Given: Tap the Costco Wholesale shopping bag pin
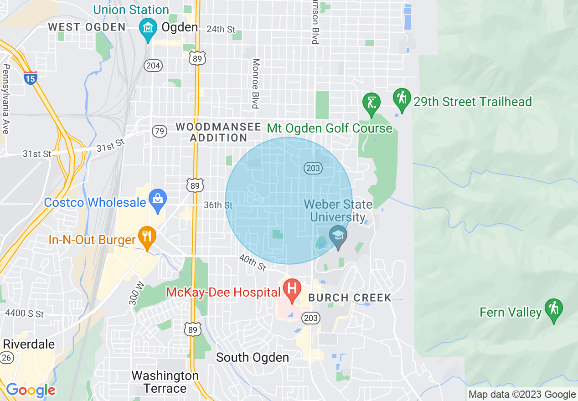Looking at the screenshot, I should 158,199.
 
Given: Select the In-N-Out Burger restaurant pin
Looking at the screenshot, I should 147,236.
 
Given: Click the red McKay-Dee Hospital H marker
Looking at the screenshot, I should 292,289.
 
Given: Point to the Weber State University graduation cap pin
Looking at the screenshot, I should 338,236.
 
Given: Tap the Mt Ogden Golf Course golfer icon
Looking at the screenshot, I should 372,102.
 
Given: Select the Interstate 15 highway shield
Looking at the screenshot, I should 31,78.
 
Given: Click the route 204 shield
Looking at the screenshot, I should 153,66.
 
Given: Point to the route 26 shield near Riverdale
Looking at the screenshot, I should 6,358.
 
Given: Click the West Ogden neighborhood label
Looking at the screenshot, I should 87,27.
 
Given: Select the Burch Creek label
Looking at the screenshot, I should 350,298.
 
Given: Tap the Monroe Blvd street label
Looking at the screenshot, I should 256,83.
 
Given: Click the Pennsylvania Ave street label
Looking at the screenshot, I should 6,99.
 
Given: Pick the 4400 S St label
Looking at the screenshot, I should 24,314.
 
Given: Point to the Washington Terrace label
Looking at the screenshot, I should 165,382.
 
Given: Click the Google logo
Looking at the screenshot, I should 31,391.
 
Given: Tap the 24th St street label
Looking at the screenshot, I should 221,29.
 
